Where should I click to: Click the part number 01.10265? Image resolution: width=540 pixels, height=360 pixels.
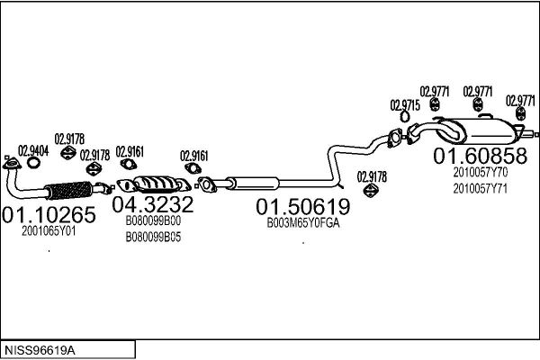(49, 214)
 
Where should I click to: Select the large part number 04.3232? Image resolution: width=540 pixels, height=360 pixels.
(153, 204)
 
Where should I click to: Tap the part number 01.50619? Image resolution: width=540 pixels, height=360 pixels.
(303, 206)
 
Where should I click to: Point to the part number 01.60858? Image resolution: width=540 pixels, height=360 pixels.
(480, 156)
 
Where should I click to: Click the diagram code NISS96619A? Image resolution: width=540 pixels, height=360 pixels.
(40, 351)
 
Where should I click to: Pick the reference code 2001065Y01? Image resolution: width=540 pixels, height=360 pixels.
(49, 231)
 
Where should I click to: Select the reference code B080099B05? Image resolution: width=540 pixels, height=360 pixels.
(153, 237)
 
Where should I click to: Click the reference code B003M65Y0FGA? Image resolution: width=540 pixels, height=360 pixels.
(303, 223)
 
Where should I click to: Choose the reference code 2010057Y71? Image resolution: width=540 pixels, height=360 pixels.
(480, 189)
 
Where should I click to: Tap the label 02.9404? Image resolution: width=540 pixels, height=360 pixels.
(33, 151)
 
